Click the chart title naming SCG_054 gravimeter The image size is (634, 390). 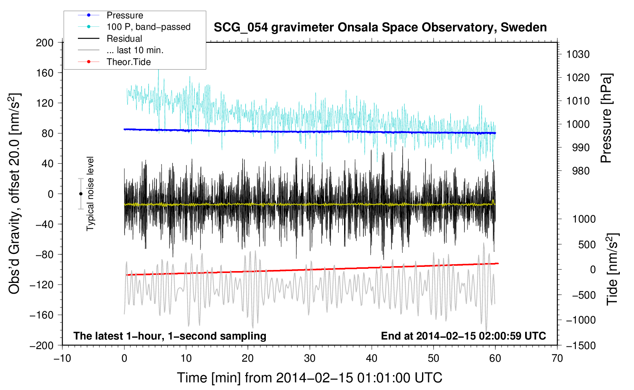380,28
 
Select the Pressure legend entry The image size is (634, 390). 125,15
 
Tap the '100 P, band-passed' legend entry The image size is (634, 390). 148,27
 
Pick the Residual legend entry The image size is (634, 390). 124,39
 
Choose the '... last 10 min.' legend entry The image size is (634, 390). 135,50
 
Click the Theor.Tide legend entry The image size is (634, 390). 129,62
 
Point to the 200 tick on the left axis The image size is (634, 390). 45,42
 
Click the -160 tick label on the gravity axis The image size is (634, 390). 42,315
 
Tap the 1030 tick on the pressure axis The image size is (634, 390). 578,54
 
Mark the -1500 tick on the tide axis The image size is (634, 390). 581,345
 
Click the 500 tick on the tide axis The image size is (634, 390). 587,244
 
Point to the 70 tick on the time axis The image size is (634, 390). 557,358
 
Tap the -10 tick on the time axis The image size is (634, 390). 62,358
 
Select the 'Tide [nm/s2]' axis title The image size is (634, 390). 612,270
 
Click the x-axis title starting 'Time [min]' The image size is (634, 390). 309,378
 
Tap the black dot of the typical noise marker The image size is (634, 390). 81,194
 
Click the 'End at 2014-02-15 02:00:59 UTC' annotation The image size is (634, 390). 463,336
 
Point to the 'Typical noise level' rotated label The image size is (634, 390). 90,193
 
